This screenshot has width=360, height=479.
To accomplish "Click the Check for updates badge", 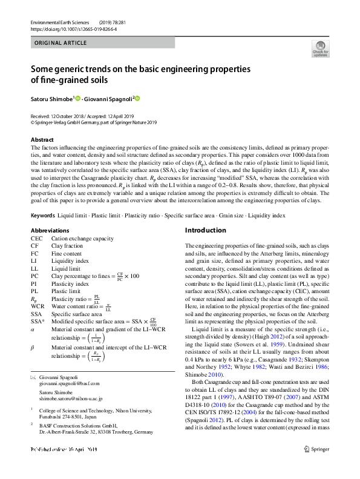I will pyautogui.click(x=319, y=48).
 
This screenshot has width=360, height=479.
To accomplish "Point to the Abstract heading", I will pyautogui.click(x=42, y=140).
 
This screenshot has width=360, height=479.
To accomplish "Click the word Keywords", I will pyautogui.click(x=44, y=216).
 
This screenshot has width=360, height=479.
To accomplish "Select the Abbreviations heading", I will pyautogui.click(x=50, y=231).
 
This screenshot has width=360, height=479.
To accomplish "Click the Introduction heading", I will pyautogui.click(x=205, y=231).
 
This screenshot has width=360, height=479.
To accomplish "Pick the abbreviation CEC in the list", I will pyautogui.click(x=36, y=239).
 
